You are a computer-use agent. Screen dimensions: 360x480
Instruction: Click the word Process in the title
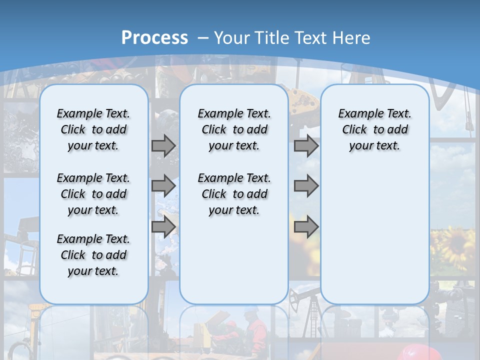pos(154,37)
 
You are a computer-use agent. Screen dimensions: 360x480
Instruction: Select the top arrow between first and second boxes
pos(163,145)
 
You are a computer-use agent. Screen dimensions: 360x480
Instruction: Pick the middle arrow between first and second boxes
pos(163,186)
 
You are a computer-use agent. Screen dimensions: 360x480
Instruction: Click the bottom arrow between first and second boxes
pos(163,226)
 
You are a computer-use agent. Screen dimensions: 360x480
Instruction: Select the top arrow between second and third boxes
pos(306,145)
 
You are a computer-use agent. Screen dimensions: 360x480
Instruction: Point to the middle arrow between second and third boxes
pos(306,186)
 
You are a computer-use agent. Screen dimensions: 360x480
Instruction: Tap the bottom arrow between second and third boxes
pos(306,226)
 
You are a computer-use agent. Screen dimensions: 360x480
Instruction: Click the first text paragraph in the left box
pos(93,129)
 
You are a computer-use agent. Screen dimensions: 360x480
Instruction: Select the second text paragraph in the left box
pos(93,194)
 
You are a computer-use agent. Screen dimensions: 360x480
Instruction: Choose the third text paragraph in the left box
pos(93,255)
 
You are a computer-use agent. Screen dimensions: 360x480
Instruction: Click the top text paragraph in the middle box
pos(234,129)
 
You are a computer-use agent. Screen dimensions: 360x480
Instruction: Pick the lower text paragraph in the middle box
pos(234,194)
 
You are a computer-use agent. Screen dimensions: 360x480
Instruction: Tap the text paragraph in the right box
pos(374,129)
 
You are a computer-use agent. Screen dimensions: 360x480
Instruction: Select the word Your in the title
pos(232,37)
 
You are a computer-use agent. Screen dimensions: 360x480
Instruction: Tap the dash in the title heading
pos(203,37)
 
